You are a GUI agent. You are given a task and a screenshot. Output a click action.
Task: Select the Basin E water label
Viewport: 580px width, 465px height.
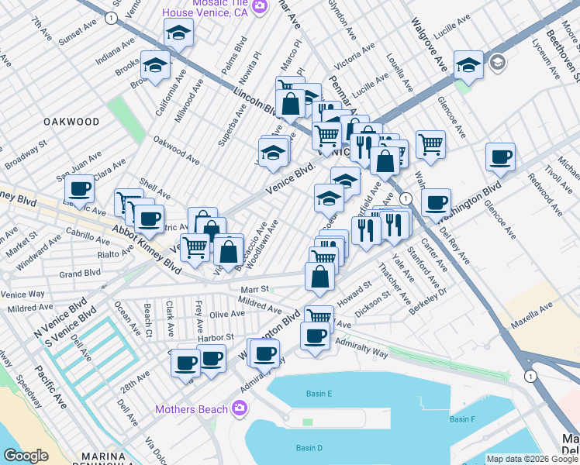(319, 394)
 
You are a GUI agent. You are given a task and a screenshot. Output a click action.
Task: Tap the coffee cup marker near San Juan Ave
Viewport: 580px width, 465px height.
(79, 188)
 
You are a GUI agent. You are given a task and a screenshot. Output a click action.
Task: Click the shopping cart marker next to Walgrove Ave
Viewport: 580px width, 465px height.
(430, 143)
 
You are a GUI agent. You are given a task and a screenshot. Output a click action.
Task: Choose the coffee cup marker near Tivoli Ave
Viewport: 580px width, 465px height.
(500, 157)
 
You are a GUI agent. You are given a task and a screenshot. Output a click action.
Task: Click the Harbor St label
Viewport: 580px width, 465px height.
(216, 338)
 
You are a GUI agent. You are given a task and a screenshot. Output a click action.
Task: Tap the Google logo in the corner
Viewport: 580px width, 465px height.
(26, 456)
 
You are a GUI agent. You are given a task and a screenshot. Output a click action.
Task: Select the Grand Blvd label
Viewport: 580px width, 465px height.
(81, 273)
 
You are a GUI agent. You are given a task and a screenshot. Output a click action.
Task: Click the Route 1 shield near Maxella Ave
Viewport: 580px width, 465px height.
(530, 376)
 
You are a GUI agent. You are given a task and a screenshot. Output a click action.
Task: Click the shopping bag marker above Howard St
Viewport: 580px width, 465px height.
(319, 276)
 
